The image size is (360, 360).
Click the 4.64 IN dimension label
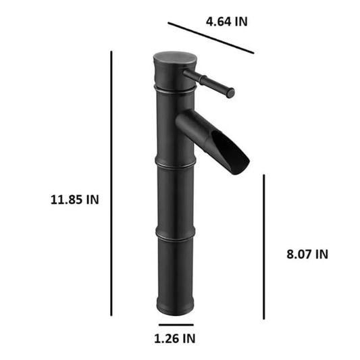(x=227, y=22)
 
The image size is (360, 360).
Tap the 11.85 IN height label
(x=74, y=199)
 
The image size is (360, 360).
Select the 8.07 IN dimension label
(x=307, y=254)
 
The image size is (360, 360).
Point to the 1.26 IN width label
(x=174, y=338)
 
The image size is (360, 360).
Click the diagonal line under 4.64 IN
(x=211, y=38)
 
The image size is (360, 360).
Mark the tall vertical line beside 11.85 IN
(x=111, y=183)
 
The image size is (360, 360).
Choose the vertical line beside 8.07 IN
(x=264, y=247)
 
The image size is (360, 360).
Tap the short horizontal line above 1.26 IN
(x=176, y=325)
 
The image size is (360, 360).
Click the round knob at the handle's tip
(x=230, y=93)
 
